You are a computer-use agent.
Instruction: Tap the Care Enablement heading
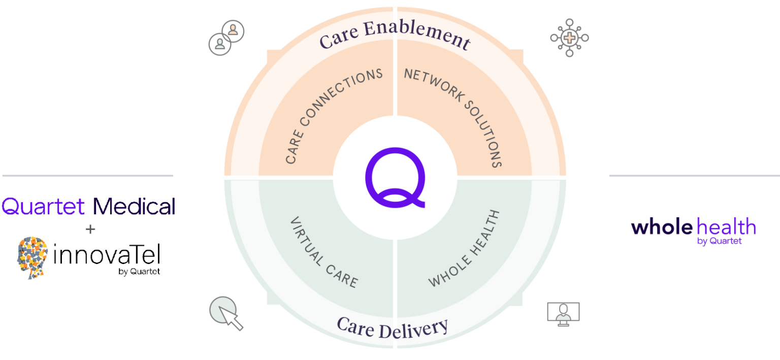click(x=395, y=37)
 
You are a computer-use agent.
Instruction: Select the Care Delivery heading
click(x=393, y=328)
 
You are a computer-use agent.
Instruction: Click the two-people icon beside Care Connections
click(x=226, y=38)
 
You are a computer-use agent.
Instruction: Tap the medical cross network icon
click(x=569, y=38)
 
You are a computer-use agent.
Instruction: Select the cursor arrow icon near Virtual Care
click(x=226, y=314)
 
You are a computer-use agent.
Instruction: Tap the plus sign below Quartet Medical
click(x=90, y=230)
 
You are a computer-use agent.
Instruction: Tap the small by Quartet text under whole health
click(x=720, y=242)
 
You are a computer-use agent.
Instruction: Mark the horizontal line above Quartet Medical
click(x=87, y=176)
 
